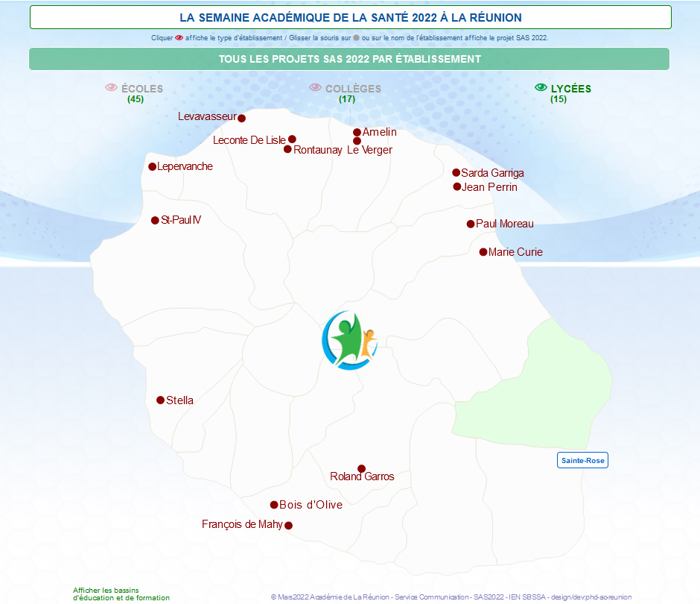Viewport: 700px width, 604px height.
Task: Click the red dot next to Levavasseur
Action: tap(241, 118)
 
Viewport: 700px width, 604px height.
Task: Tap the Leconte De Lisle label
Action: tap(249, 140)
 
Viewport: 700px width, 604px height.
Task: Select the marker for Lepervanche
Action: tap(152, 167)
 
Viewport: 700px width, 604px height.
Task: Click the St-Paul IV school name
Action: tap(181, 219)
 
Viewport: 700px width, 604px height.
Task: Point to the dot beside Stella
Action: tap(160, 400)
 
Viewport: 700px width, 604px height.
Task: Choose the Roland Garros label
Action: tap(362, 476)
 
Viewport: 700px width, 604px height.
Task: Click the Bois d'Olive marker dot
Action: tap(274, 505)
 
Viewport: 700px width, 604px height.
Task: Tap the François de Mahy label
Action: tap(242, 524)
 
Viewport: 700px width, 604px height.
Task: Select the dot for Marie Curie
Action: tap(483, 252)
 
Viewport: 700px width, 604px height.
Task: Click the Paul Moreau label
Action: tap(504, 224)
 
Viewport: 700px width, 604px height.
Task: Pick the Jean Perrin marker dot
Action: tap(456, 186)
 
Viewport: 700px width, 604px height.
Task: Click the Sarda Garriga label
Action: tap(492, 173)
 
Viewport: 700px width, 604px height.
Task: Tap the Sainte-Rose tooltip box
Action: tap(582, 460)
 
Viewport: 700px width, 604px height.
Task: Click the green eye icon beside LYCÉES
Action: tap(541, 87)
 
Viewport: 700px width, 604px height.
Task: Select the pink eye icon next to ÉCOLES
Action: tap(111, 87)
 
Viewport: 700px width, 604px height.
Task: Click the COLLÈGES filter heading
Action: tap(353, 89)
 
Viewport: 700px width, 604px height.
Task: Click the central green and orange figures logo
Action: tap(350, 341)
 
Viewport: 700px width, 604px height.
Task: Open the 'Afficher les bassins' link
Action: tap(121, 594)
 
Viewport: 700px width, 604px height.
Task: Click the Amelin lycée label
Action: tap(380, 132)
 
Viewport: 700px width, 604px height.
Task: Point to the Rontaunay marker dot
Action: tap(287, 149)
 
